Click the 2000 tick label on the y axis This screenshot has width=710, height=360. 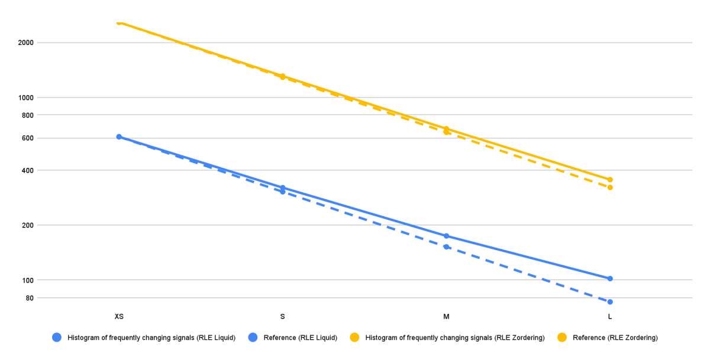(x=25, y=43)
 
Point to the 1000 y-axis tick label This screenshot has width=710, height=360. (x=25, y=98)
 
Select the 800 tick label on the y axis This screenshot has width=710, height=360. (x=27, y=115)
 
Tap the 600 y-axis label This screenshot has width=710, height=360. (x=27, y=138)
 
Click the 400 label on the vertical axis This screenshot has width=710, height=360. (x=27, y=170)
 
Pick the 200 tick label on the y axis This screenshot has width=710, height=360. (x=27, y=225)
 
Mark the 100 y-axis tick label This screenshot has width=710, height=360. (x=27, y=280)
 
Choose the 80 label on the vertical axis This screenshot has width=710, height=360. (x=29, y=298)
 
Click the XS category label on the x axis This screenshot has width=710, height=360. (x=119, y=317)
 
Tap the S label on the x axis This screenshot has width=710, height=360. (x=282, y=317)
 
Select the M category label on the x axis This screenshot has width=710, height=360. (x=446, y=317)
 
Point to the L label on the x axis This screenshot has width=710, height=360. (x=610, y=317)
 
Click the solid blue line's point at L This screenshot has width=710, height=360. (x=610, y=278)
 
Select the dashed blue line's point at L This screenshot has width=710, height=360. (x=610, y=302)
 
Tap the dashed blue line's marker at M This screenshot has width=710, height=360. (x=446, y=247)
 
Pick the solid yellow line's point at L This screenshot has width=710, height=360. (x=610, y=180)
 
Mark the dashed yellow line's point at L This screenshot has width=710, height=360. (x=610, y=187)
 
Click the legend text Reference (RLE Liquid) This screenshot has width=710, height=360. (x=300, y=338)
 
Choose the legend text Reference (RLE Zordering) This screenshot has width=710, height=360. (x=615, y=338)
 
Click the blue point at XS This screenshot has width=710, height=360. (x=119, y=137)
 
